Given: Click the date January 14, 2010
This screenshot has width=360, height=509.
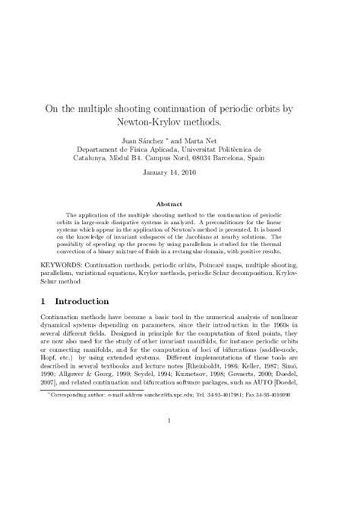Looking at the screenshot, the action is pos(180,175).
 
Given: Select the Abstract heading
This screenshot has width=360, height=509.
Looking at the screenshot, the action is pos(180,204).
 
